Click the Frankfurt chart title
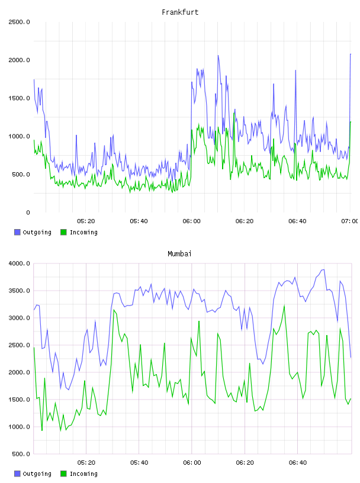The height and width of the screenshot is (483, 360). (180, 12)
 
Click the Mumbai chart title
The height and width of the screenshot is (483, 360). (179, 254)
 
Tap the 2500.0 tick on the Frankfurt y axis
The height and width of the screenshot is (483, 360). (19, 22)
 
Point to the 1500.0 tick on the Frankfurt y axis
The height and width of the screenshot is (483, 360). (19, 98)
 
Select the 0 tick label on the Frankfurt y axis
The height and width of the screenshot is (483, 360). (28, 212)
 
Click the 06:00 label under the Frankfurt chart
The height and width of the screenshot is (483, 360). (191, 221)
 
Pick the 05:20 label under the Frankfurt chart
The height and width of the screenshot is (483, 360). (86, 221)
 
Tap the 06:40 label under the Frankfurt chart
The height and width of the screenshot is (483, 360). (297, 221)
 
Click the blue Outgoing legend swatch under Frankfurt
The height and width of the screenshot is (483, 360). (17, 232)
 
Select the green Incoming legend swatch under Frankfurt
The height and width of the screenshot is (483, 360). (63, 232)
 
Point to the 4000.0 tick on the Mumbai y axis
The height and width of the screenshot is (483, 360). (19, 263)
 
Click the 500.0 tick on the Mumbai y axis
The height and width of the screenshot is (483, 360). (21, 454)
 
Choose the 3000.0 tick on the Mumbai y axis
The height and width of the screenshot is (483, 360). (19, 318)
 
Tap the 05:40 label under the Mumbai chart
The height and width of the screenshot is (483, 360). (139, 463)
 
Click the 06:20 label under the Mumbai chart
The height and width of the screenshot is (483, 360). (245, 463)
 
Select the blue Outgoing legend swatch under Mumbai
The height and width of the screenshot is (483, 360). (17, 474)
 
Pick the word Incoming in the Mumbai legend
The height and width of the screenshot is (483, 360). (83, 474)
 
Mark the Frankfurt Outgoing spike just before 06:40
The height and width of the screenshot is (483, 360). (295, 71)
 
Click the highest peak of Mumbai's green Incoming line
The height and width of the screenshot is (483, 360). (284, 305)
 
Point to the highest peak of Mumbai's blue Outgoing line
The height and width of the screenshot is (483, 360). (323, 270)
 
